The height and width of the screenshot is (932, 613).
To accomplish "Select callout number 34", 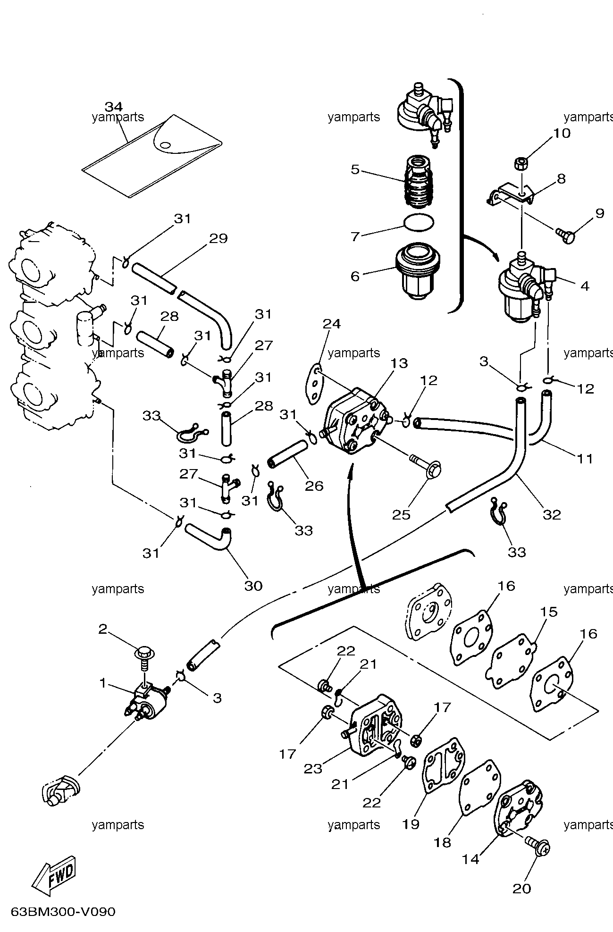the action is coord(113,106).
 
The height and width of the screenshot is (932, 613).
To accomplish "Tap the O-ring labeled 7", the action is coord(419,222).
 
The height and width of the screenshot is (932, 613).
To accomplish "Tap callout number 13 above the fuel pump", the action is coord(399,363).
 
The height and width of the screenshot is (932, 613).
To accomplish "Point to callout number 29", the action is coord(218,238).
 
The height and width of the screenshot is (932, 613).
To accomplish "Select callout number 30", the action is coord(253,585).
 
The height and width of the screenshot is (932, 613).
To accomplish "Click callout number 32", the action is coord(551,514).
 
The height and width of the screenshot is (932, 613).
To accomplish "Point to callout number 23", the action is coord(313,769).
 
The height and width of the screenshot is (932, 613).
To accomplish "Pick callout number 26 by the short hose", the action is coord(314,486).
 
